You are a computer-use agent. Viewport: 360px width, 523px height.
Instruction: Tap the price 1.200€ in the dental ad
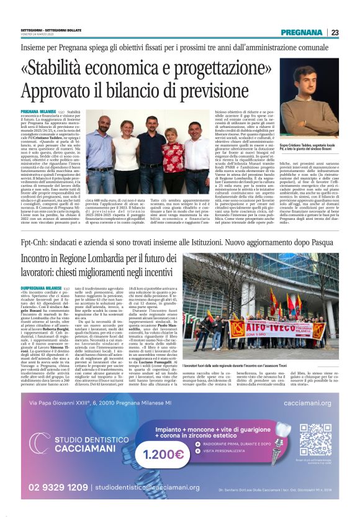[x=163, y=454]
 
